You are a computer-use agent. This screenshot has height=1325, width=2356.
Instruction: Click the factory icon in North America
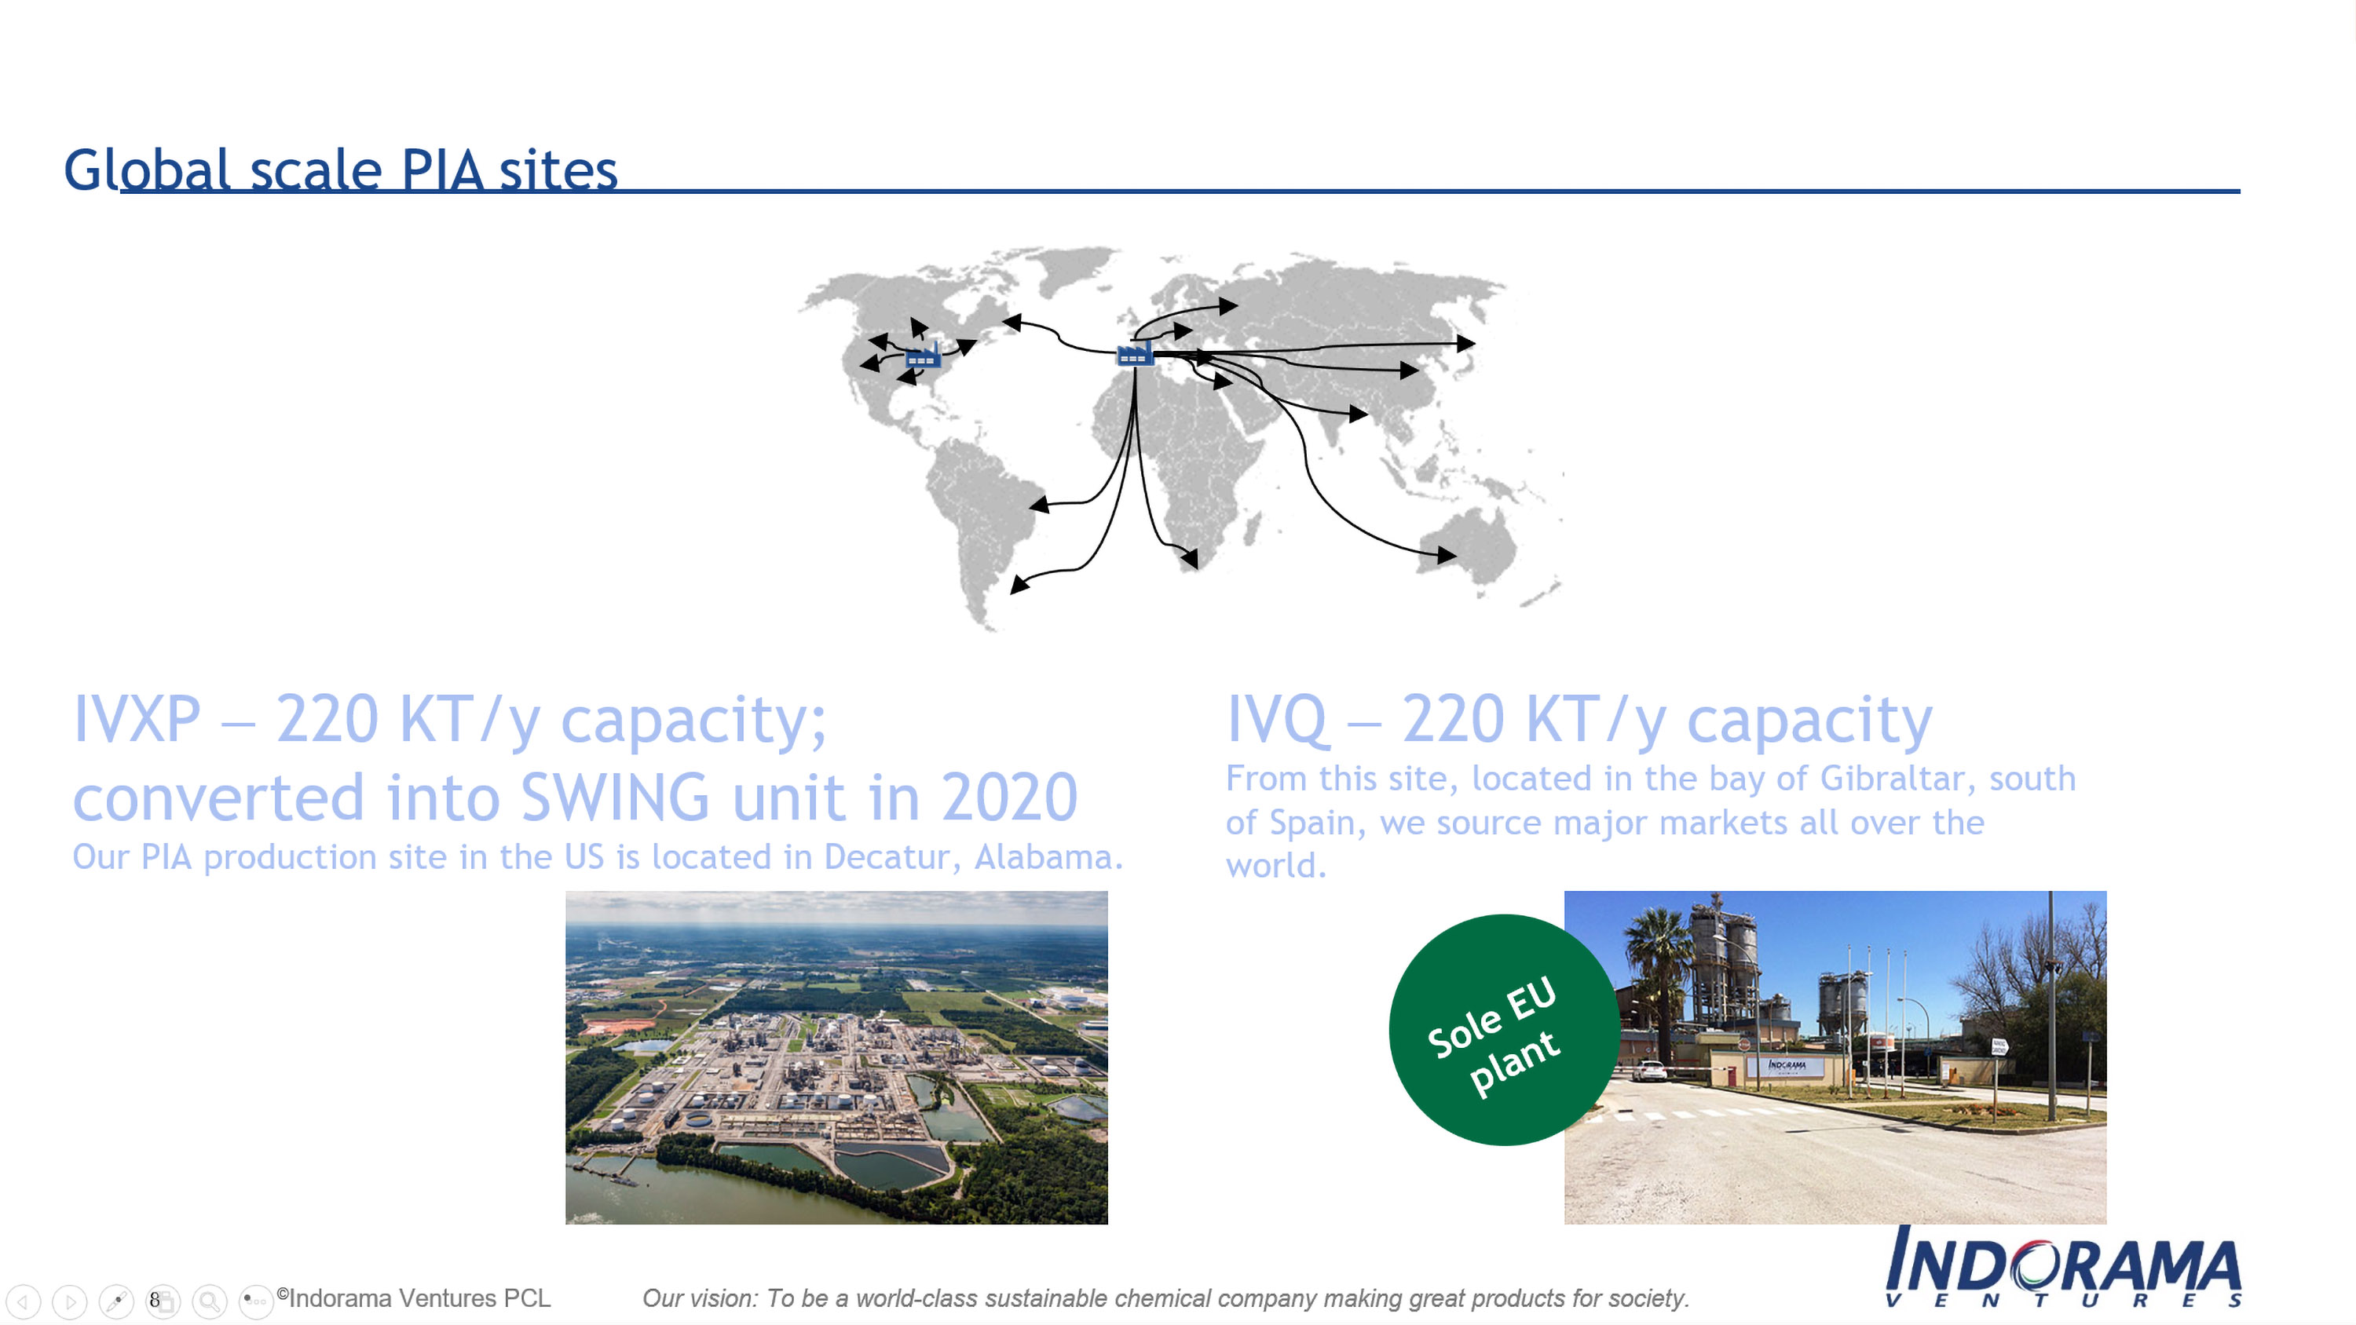point(923,355)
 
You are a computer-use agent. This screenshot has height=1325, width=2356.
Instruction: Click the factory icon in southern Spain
point(1135,353)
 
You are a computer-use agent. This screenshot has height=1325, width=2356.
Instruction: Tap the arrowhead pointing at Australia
point(1446,554)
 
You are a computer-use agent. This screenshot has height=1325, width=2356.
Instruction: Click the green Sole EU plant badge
point(1504,1030)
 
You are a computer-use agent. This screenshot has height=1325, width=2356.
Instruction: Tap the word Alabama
point(1048,857)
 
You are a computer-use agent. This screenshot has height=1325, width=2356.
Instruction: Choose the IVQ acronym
point(1277,721)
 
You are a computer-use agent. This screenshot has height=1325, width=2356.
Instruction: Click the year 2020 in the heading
point(1010,798)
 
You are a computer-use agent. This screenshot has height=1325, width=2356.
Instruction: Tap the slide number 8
point(155,1299)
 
